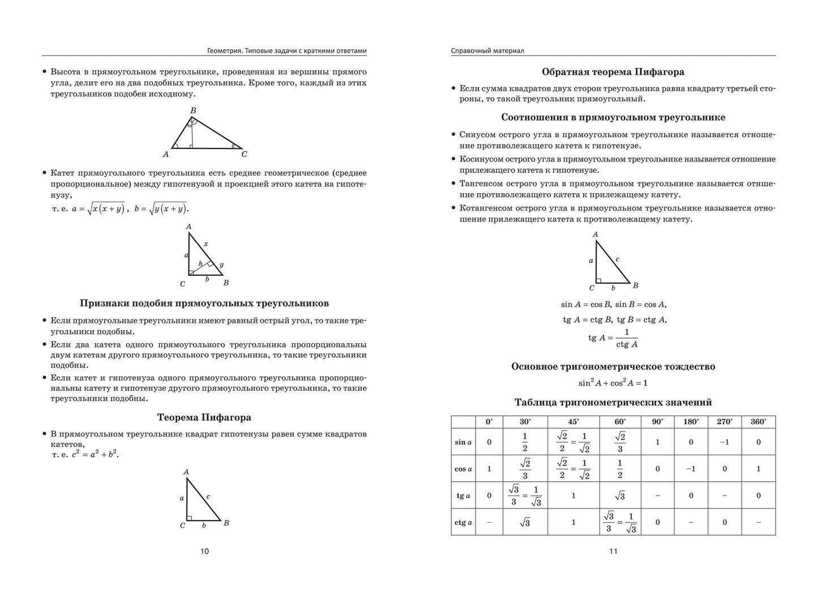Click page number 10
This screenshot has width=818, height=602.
coord(204,551)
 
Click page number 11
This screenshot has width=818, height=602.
coord(613,551)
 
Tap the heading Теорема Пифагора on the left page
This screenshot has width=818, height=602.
coord(204,417)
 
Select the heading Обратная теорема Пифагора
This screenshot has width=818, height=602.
coord(613,72)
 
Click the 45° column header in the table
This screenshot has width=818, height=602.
coord(573,421)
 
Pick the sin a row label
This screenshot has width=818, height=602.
coord(463,442)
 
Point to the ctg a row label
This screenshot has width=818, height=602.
coord(463,522)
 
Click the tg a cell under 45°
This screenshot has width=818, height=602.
coord(573,496)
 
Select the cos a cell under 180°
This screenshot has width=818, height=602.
coord(691,469)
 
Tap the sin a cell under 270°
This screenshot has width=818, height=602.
coord(725,442)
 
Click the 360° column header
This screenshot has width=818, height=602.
coord(759,421)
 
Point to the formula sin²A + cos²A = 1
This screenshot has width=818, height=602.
coord(613,383)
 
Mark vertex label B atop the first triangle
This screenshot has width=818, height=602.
coord(193,110)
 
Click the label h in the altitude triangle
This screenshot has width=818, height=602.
coord(200,264)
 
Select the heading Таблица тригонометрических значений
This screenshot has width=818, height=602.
coord(613,402)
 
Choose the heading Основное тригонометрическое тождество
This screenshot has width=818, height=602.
coord(613,366)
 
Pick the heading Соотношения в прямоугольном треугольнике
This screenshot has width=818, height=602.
coord(613,117)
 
